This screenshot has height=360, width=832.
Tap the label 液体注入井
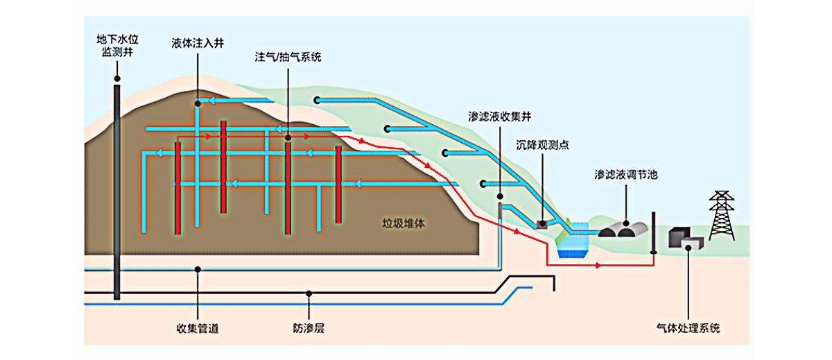click(x=198, y=43)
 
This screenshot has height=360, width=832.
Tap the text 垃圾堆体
click(x=404, y=223)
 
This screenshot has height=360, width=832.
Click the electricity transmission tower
click(x=721, y=216)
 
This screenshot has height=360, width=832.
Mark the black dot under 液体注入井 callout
click(x=198, y=103)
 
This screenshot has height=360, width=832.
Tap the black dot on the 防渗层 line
click(x=309, y=294)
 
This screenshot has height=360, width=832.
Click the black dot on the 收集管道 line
click(x=198, y=269)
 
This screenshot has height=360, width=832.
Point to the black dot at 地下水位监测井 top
click(x=116, y=78)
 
